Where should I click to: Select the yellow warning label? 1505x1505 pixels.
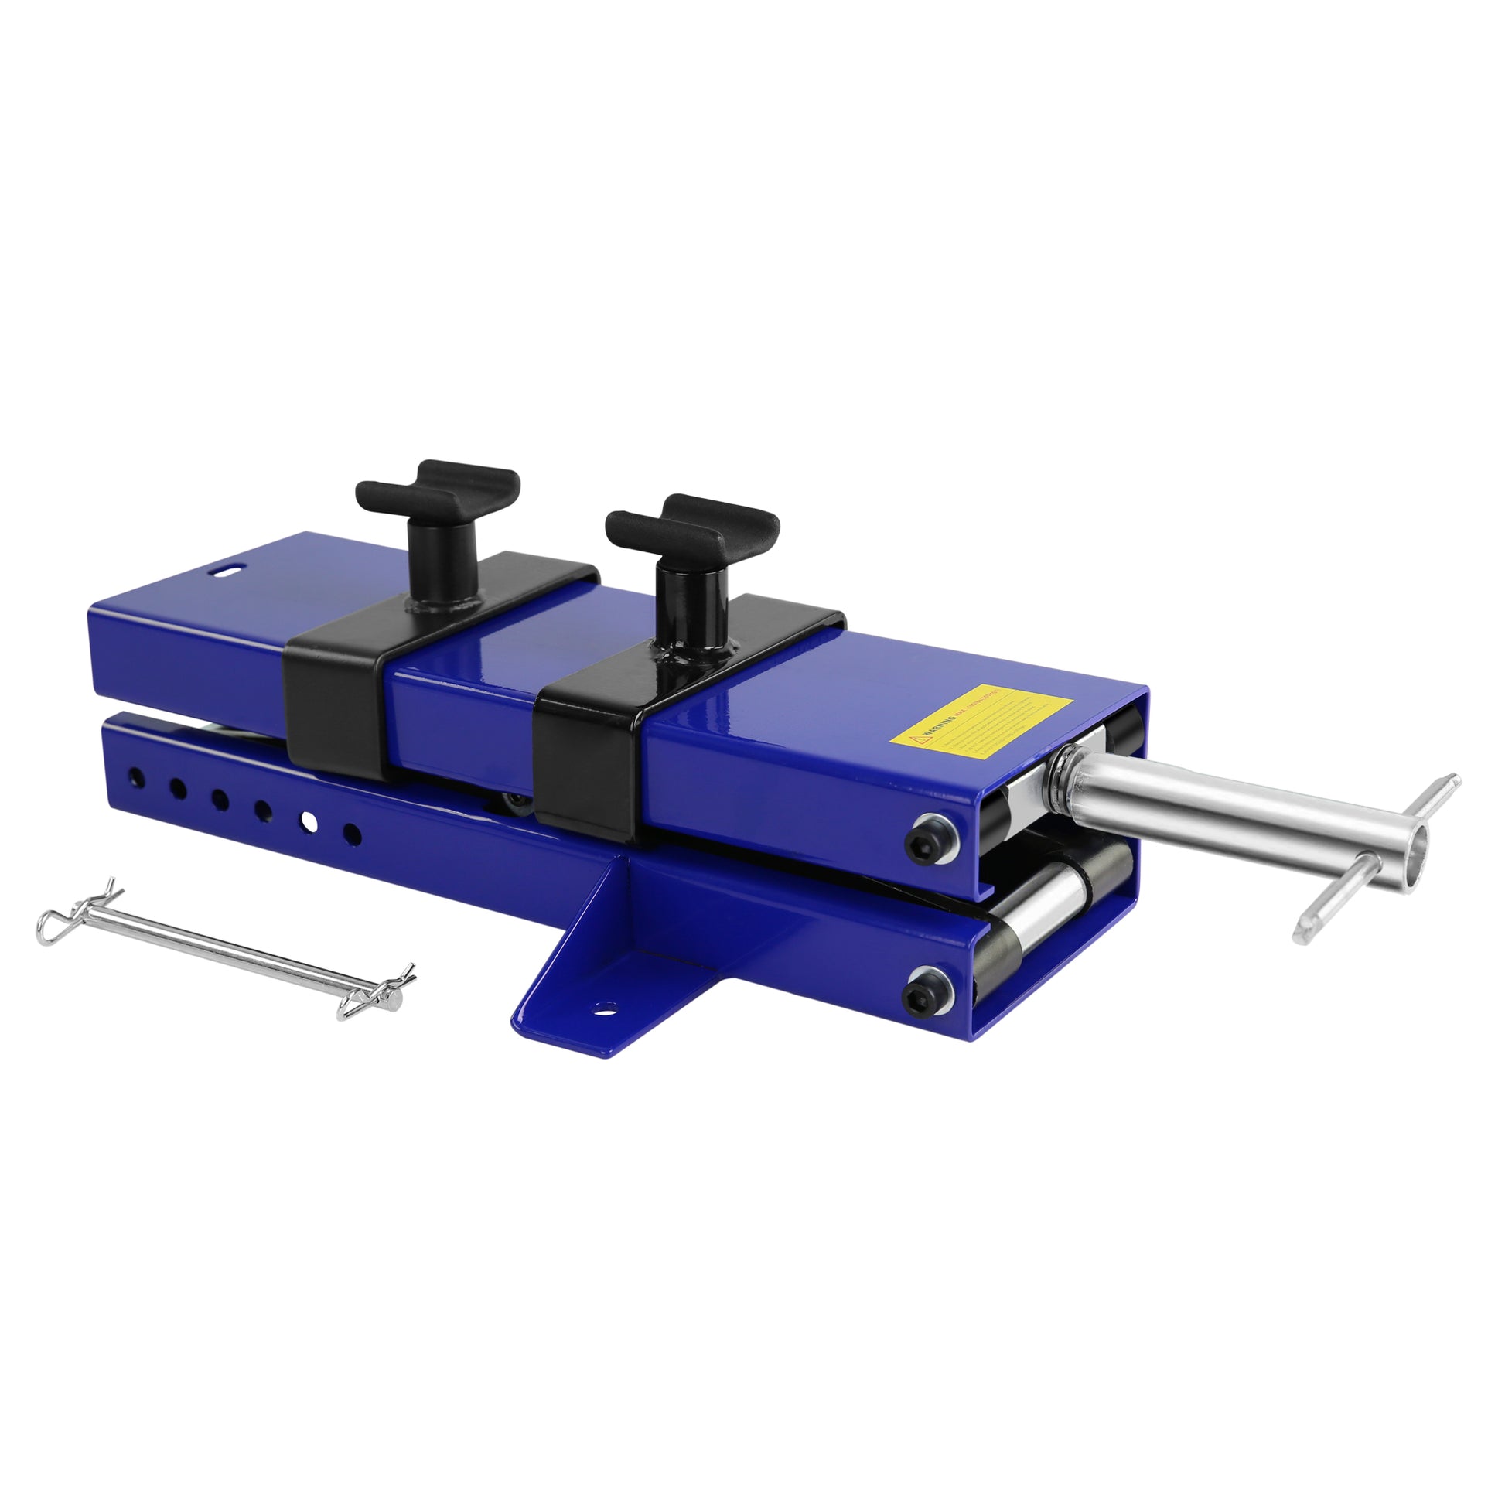click(x=980, y=722)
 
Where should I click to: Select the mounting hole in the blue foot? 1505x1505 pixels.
click(x=602, y=1009)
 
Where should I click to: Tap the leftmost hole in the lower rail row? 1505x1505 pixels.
click(x=136, y=776)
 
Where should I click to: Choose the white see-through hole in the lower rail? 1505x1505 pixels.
click(x=309, y=822)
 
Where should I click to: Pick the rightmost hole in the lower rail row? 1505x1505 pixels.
click(x=352, y=834)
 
